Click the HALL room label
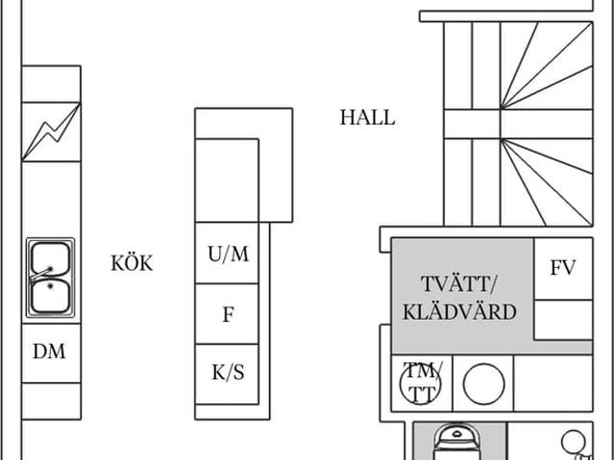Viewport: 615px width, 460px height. point(367,118)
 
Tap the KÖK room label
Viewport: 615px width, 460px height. point(132,263)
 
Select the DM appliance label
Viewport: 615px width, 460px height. point(50,352)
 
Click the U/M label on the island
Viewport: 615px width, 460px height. point(228,254)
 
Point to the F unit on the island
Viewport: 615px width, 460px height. point(228,314)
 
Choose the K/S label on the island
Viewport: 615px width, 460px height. point(228,373)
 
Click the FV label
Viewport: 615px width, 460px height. point(563,268)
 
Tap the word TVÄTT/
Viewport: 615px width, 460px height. point(460,284)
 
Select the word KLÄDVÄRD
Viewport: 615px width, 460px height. point(460,312)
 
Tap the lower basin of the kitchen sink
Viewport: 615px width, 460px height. point(50,297)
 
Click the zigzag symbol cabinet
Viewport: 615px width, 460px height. point(51,132)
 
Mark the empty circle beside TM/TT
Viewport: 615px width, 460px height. point(483,384)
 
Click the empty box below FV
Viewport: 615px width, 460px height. point(563,319)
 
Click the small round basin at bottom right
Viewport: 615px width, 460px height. point(574,441)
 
